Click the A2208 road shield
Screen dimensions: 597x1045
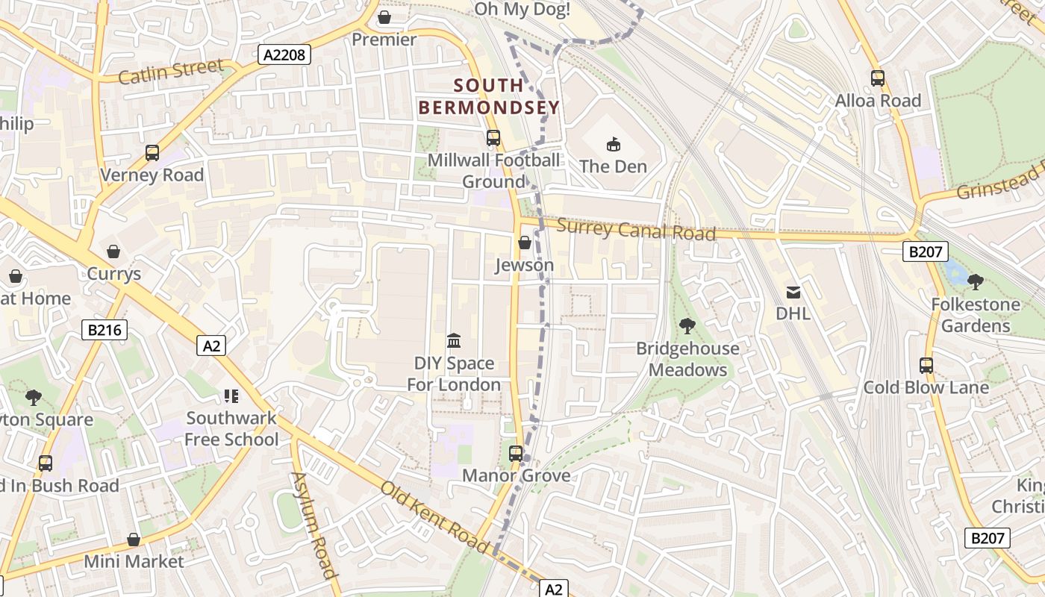click(x=284, y=54)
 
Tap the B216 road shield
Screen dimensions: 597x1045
click(x=104, y=330)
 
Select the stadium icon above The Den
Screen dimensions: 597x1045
click(x=614, y=144)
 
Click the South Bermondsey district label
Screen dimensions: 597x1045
click(x=489, y=96)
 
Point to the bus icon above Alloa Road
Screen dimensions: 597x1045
click(x=878, y=78)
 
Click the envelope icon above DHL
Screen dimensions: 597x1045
click(x=793, y=293)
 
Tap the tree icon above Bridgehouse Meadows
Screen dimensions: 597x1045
click(x=687, y=326)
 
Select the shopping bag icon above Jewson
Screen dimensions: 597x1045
click(x=524, y=243)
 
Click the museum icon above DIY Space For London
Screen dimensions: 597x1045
click(x=453, y=341)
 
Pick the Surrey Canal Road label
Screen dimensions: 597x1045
click(x=636, y=230)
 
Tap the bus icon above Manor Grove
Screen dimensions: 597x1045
click(x=516, y=453)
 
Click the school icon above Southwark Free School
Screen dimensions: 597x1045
click(x=231, y=396)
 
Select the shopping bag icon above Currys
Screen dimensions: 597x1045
click(x=113, y=251)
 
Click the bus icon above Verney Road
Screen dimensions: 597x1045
click(x=152, y=153)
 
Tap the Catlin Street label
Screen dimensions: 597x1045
click(x=171, y=72)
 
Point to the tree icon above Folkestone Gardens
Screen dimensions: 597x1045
click(x=975, y=282)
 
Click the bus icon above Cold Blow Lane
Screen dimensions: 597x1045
click(x=926, y=365)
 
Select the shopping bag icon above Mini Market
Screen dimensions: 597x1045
click(x=134, y=539)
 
